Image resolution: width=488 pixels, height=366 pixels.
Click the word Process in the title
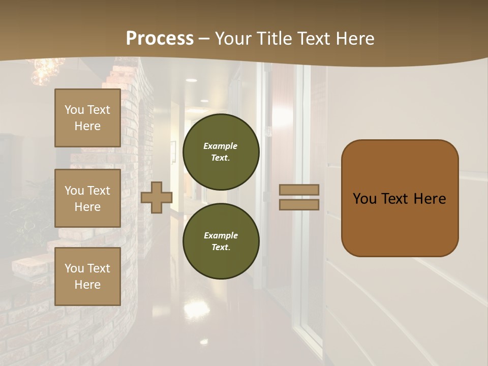pyautogui.click(x=160, y=39)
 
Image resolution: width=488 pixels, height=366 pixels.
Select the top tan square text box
pyautogui.click(x=87, y=118)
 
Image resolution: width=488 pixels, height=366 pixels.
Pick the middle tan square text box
pyautogui.click(x=87, y=198)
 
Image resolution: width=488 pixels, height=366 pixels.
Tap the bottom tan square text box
pyautogui.click(x=87, y=276)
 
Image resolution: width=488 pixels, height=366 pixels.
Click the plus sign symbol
pyautogui.click(x=157, y=197)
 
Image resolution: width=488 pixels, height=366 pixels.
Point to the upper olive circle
pyautogui.click(x=221, y=152)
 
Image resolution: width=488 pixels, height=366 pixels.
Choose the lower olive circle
pyautogui.click(x=221, y=241)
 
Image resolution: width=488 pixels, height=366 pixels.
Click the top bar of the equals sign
pyautogui.click(x=299, y=190)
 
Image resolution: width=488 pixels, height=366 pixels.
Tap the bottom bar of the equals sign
pyautogui.click(x=299, y=204)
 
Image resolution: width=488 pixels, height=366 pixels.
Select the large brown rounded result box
pyautogui.click(x=400, y=198)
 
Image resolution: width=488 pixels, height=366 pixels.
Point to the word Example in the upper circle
pyautogui.click(x=220, y=146)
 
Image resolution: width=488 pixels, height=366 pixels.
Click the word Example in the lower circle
pyautogui.click(x=220, y=235)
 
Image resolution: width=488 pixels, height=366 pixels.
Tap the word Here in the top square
pyautogui.click(x=87, y=126)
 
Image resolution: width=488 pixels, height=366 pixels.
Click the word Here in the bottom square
pyautogui.click(x=87, y=285)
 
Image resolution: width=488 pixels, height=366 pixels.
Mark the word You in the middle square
pyautogui.click(x=74, y=191)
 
